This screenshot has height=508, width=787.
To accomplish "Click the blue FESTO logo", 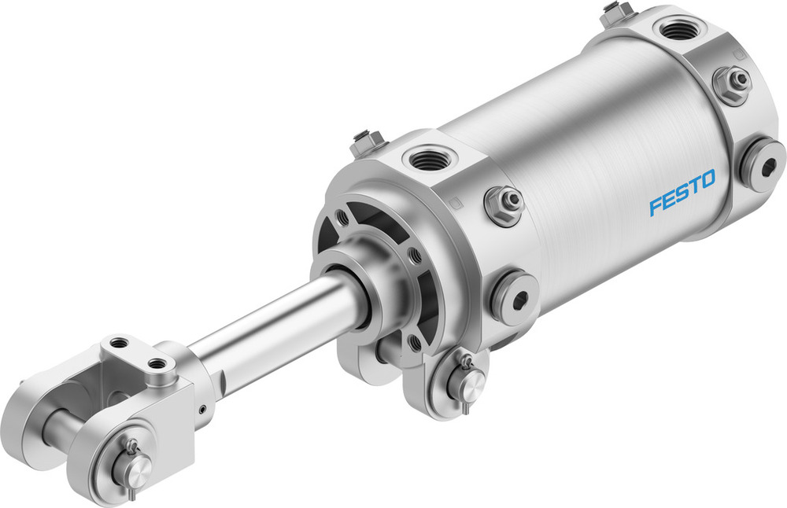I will [682, 193].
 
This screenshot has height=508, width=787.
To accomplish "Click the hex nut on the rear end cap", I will [731, 82].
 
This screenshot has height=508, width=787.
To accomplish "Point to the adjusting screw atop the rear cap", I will [616, 11].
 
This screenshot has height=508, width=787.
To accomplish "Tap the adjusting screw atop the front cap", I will [364, 142].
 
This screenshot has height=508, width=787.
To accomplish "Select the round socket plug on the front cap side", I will [515, 294].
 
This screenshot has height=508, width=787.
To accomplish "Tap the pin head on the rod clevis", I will [136, 469].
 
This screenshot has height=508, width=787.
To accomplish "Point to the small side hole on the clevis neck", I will [201, 408].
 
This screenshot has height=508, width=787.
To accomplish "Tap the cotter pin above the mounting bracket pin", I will [467, 362].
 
